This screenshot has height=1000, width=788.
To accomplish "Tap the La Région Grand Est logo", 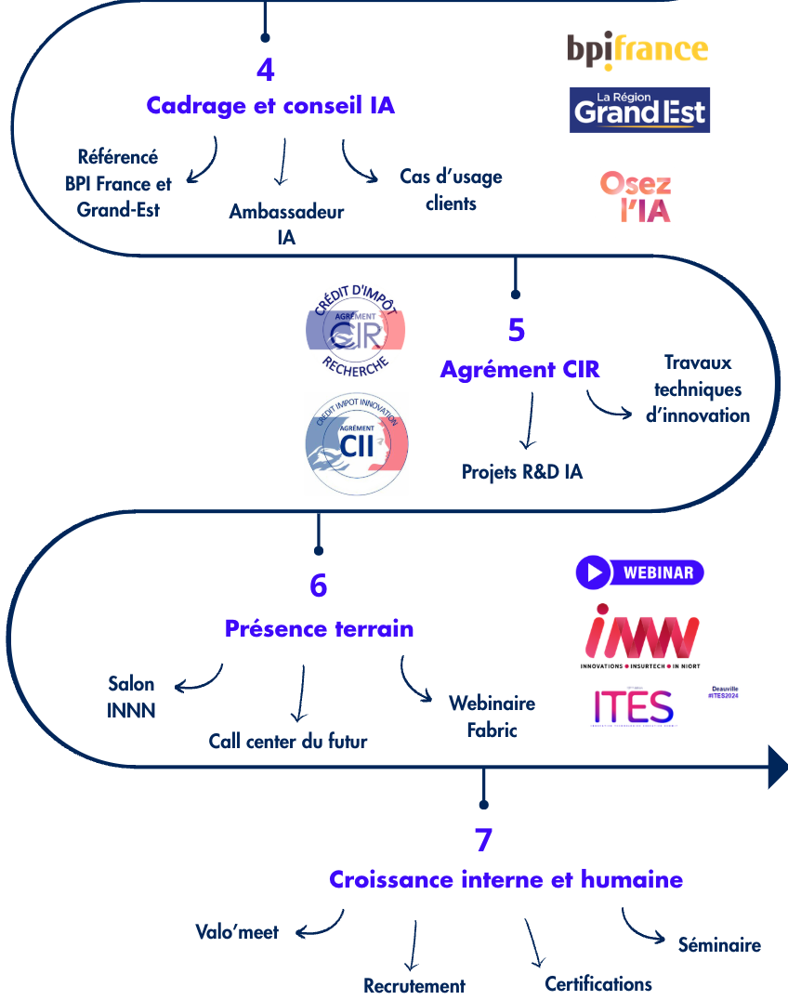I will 639,110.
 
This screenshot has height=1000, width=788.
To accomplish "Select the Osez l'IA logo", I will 636,196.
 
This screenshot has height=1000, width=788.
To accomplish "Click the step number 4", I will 266,71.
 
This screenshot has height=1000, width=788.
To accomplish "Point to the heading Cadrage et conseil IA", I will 270,106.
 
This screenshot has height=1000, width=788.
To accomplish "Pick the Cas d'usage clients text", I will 451,190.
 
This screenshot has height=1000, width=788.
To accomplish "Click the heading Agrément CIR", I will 519,370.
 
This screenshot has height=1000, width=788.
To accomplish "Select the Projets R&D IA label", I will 522,472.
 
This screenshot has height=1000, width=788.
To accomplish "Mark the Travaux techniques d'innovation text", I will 698,388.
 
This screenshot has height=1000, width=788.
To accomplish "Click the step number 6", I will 319,586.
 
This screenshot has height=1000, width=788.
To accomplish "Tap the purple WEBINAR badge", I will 639,572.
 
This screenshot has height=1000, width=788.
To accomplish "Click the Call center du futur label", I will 288,742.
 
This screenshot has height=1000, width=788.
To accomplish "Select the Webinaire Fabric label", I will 492,717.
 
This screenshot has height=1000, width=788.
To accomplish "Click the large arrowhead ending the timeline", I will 778,767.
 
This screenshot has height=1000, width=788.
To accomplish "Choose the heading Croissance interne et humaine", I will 506,879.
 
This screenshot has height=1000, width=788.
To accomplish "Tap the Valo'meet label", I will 237,932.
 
